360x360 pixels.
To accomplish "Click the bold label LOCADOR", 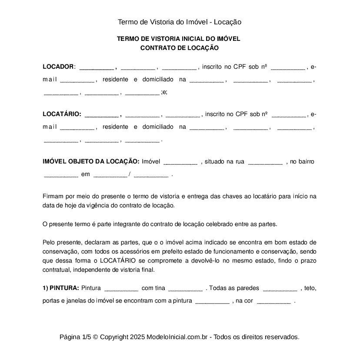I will coord(58,67).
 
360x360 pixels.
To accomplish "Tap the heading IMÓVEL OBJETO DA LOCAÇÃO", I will coord(91,162).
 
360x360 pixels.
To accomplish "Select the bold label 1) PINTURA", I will coord(61,288).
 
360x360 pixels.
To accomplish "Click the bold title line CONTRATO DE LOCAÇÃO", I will coord(179,48).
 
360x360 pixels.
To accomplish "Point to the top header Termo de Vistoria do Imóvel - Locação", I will coord(179,22).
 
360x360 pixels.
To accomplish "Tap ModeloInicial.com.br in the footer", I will coord(178,337).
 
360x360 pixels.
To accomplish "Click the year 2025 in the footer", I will coord(137,337).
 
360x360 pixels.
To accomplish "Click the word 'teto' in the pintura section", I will coord(310,288).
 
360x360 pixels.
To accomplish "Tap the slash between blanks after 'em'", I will coord(130,175).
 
